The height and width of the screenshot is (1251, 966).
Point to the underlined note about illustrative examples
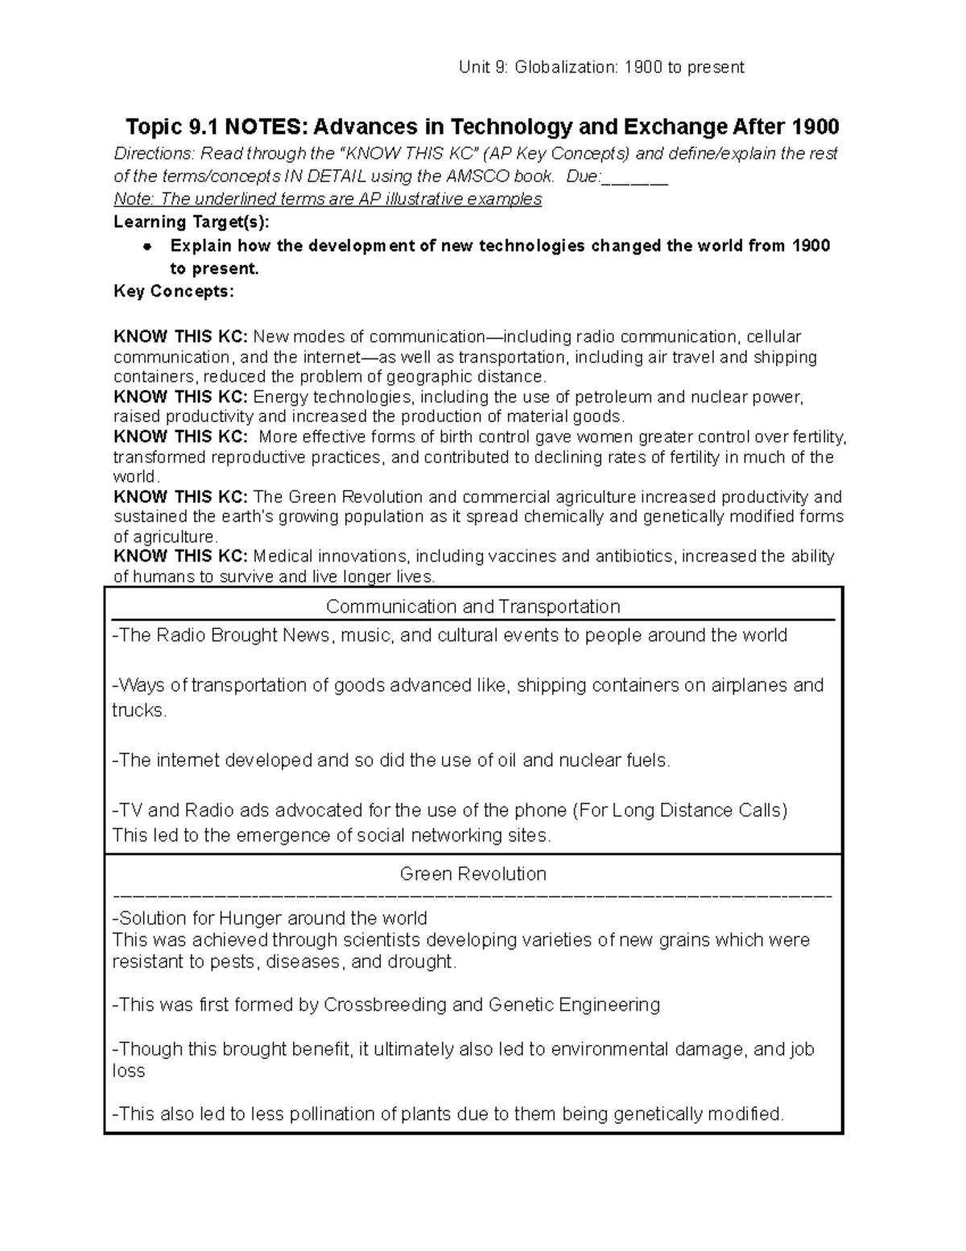coord(328,199)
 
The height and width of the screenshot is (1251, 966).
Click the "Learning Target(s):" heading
coord(192,222)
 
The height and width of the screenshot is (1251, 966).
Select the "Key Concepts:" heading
coord(174,292)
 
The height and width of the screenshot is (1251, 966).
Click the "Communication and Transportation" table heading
coord(473,607)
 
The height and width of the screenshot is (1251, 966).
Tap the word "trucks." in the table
coord(139,710)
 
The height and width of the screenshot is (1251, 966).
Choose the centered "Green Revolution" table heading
coord(473,874)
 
